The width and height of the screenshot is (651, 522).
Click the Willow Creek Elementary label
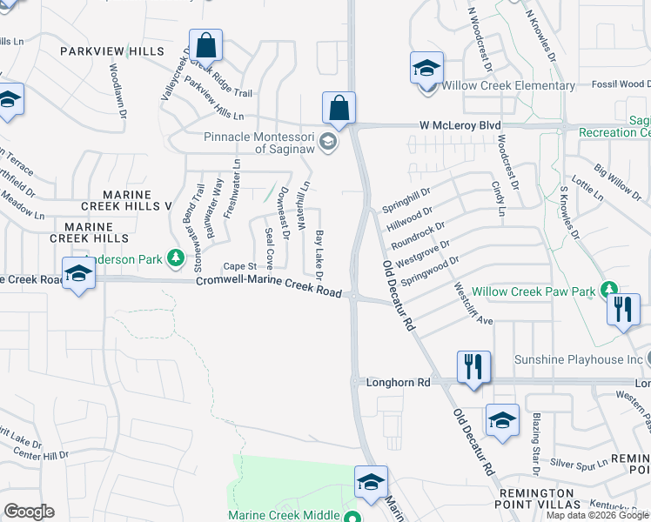click(x=508, y=85)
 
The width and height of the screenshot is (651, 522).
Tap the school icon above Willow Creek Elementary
click(x=426, y=67)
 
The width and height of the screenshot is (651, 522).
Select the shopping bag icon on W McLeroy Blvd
click(x=339, y=108)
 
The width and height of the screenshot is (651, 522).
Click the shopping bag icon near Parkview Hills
click(x=205, y=44)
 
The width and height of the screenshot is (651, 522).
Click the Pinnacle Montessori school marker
click(x=327, y=142)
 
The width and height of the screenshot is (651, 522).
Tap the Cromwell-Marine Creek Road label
click(x=268, y=286)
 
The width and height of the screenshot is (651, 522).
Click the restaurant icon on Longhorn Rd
click(x=473, y=366)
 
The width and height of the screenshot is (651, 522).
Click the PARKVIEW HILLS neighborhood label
click(x=111, y=51)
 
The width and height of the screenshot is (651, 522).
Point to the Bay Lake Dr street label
click(x=319, y=255)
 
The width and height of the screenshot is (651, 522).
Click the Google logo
click(x=29, y=512)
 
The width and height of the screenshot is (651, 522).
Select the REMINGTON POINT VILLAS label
click(x=524, y=504)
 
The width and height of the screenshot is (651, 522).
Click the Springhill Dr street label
click(x=406, y=199)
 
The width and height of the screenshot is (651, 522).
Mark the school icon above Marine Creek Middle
click(x=370, y=482)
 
